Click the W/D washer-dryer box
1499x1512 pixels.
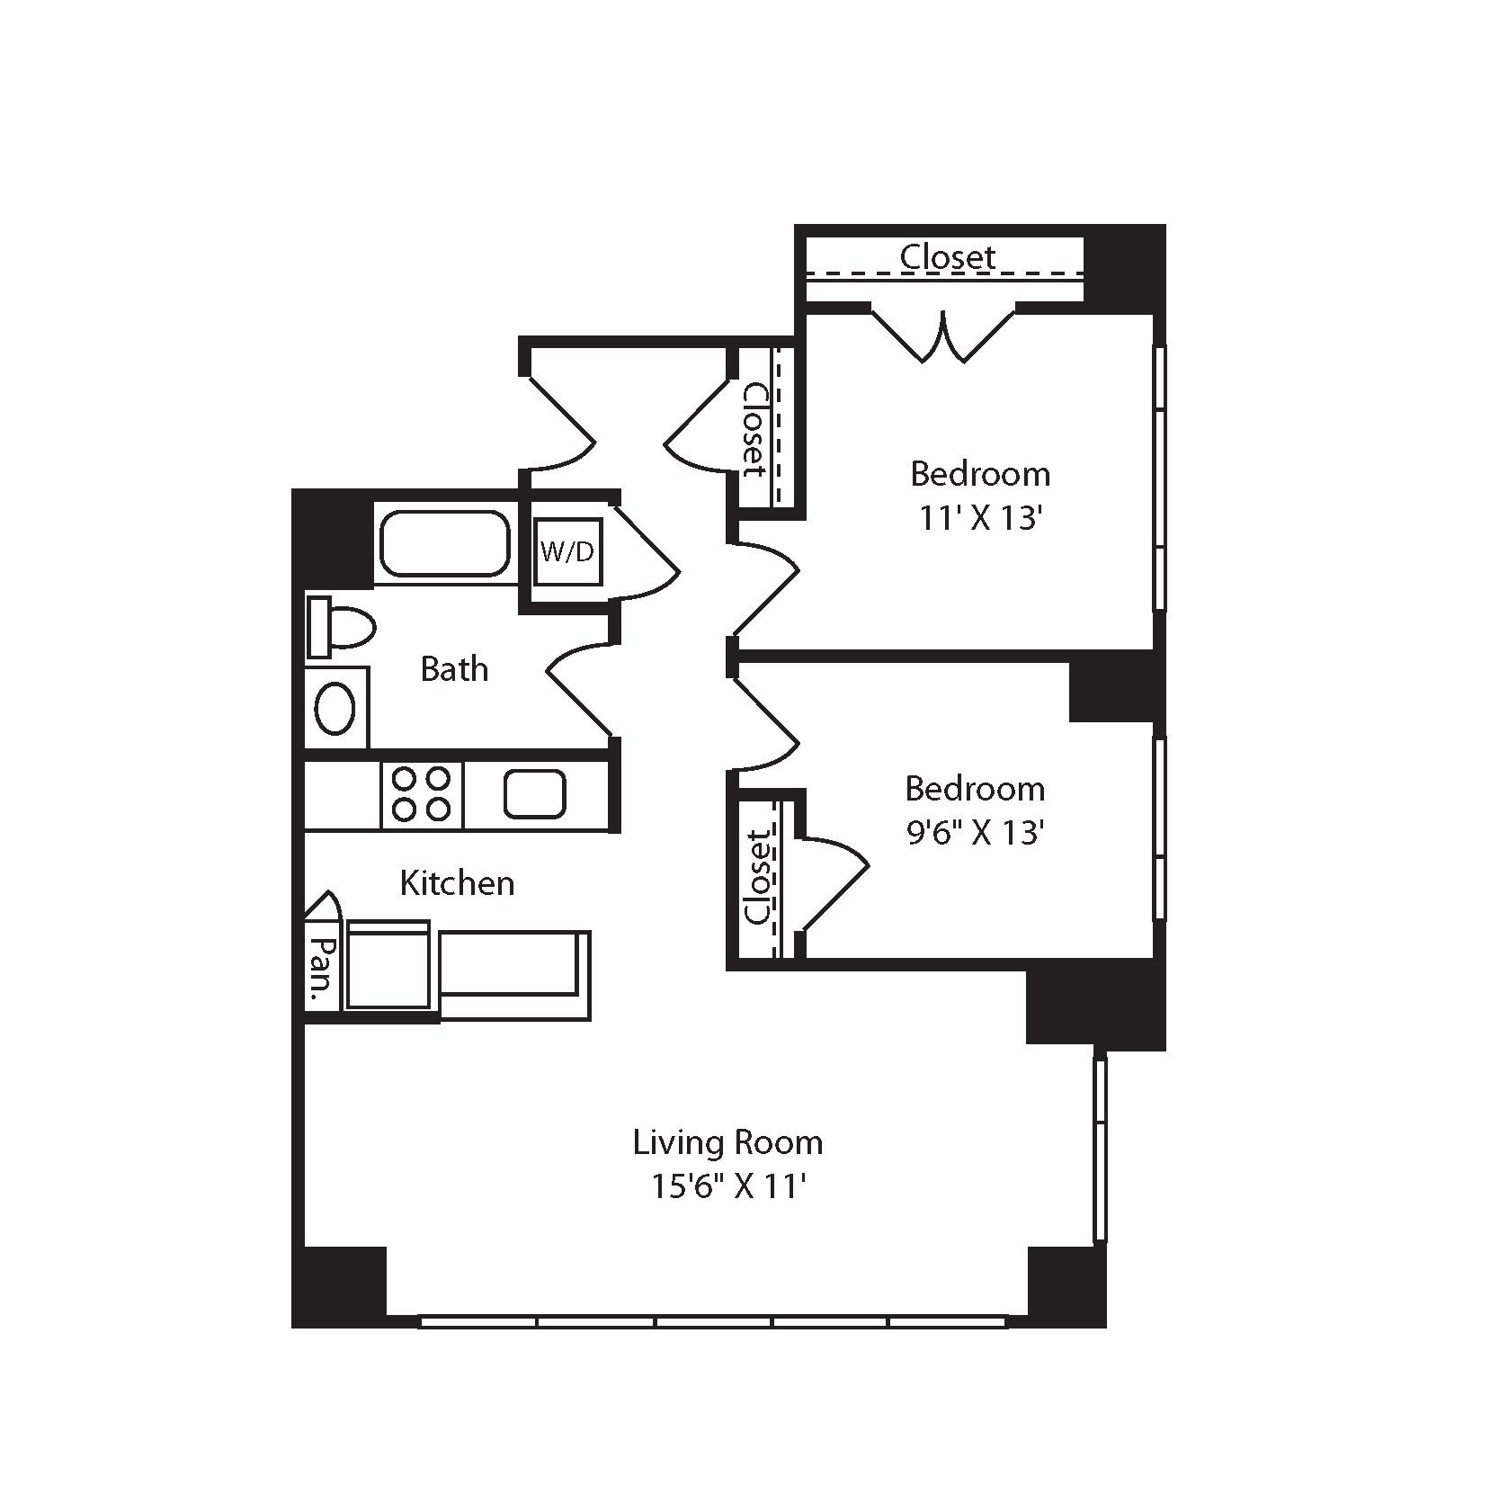pyautogui.click(x=567, y=551)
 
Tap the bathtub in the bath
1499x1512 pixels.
pyautogui.click(x=445, y=543)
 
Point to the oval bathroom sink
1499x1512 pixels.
pyautogui.click(x=335, y=709)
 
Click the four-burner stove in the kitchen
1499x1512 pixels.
pyautogui.click(x=422, y=794)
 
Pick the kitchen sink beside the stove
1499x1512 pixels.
pyautogui.click(x=535, y=794)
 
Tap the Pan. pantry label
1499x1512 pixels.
pyautogui.click(x=321, y=971)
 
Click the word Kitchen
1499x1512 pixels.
pyautogui.click(x=457, y=883)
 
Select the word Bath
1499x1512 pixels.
pyautogui.click(x=454, y=669)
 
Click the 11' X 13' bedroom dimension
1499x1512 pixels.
pyautogui.click(x=981, y=519)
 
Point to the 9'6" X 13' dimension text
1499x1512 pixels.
pyautogui.click(x=976, y=833)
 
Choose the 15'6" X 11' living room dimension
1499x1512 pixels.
pyautogui.click(x=727, y=1187)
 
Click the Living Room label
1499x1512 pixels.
pyautogui.click(x=727, y=1142)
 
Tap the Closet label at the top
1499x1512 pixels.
pyautogui.click(x=948, y=256)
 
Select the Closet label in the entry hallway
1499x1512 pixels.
pyautogui.click(x=754, y=430)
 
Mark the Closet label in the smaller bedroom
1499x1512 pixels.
pyautogui.click(x=758, y=878)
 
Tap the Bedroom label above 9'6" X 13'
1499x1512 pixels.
pyautogui.click(x=976, y=789)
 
